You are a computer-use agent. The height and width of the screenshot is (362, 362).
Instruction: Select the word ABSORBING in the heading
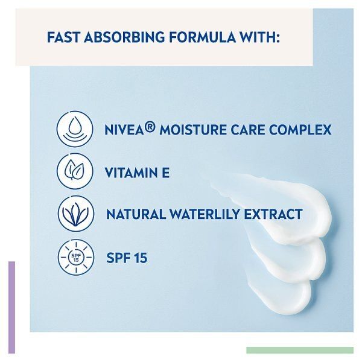point(125,38)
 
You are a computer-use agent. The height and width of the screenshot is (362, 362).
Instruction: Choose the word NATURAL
point(133,215)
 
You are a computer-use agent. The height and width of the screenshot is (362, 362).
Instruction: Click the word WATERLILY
point(205,215)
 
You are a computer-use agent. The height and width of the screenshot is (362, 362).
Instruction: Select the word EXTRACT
point(274,215)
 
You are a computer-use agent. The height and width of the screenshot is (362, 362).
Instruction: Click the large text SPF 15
point(126,258)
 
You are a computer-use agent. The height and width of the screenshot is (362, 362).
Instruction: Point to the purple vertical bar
point(11,306)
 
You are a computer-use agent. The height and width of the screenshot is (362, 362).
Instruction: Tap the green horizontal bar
point(299,350)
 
